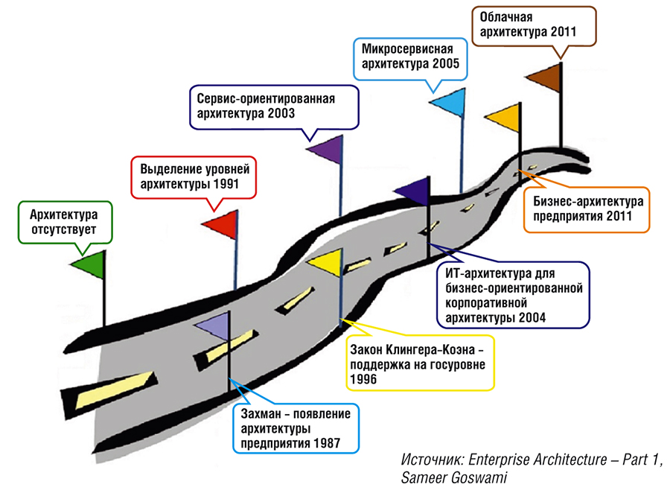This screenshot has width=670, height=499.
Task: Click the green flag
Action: [89, 264]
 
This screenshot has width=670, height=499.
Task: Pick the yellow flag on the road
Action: [325, 261]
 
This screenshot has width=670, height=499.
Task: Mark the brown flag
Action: [544, 77]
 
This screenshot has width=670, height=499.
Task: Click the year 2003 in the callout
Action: [279, 114]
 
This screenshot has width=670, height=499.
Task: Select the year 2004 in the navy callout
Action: [532, 317]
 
